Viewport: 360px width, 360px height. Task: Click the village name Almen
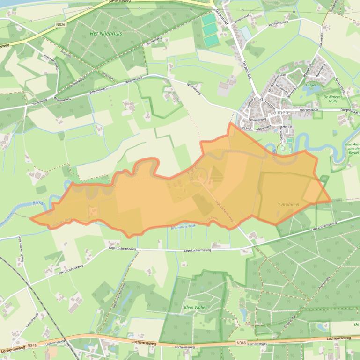pos(282,113)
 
